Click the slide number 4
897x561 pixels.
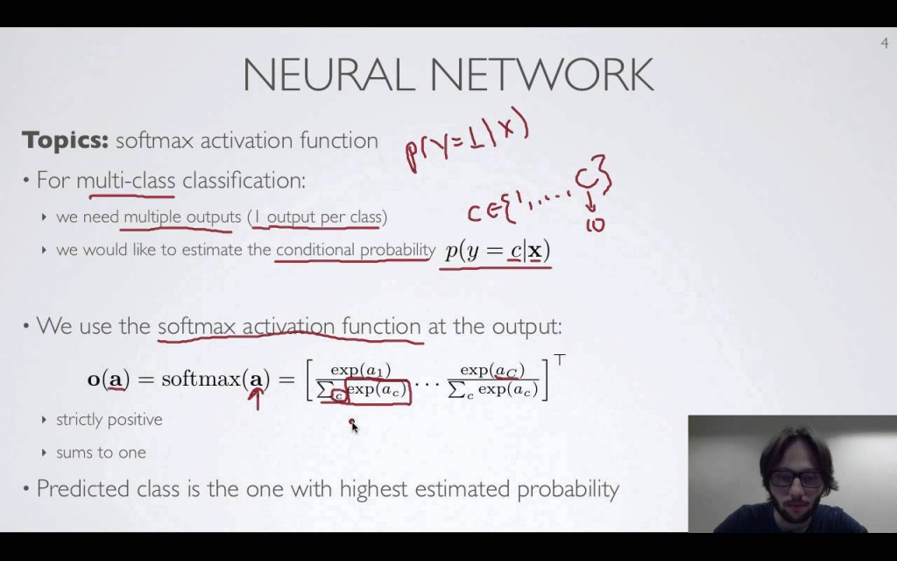884,44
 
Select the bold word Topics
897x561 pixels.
65,140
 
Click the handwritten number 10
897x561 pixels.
595,224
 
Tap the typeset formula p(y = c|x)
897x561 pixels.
497,251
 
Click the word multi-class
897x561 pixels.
125,181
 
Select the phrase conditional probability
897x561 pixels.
355,250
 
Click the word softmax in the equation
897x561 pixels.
201,380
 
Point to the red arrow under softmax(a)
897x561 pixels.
257,400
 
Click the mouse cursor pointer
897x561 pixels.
353,426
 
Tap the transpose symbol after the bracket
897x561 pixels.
559,359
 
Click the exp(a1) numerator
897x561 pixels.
360,370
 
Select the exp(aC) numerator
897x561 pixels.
492,370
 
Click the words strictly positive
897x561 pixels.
109,420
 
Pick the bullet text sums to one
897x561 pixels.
101,453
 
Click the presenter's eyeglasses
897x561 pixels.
796,479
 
